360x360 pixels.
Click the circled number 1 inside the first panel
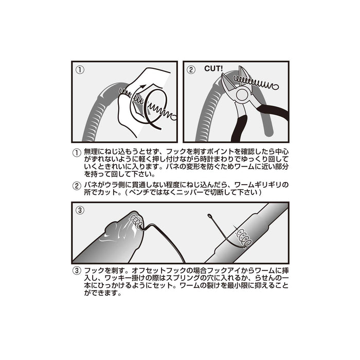point(80,70)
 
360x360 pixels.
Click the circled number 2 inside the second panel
point(191,70)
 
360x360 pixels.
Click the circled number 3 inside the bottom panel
point(80,210)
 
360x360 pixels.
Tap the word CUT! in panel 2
point(213,68)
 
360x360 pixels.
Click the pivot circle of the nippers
point(242,95)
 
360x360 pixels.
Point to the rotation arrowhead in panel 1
point(143,86)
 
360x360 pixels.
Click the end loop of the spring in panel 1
point(174,117)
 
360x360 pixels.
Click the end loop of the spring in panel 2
point(275,87)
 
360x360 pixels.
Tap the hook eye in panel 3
point(209,216)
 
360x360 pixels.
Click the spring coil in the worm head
point(136,221)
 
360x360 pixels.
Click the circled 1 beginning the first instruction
point(77,153)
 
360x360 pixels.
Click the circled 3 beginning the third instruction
point(77,271)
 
